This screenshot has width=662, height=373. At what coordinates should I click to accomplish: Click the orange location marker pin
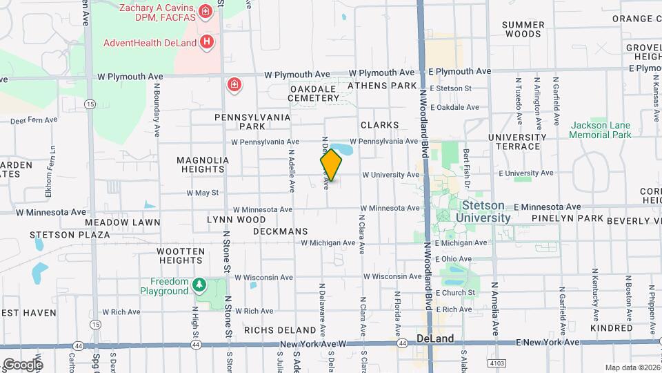pyautogui.click(x=331, y=165)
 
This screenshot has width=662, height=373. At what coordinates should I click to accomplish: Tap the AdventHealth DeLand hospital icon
pyautogui.click(x=205, y=42)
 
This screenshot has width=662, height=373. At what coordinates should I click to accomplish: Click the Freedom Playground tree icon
pyautogui.click(x=199, y=285)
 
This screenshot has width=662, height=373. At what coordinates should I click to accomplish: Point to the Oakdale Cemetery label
pyautogui.click(x=314, y=93)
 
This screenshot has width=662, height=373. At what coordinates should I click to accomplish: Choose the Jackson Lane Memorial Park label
pyautogui.click(x=601, y=130)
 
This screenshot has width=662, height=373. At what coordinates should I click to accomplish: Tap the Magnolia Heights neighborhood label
pyautogui.click(x=202, y=164)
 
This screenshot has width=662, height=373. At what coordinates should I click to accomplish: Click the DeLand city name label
pyautogui.click(x=436, y=339)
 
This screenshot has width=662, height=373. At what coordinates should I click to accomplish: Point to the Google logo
pyautogui.click(x=22, y=364)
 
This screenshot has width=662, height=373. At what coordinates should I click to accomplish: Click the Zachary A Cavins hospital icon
pyautogui.click(x=205, y=11)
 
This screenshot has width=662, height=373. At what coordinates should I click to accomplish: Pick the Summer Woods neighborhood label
pyautogui.click(x=523, y=29)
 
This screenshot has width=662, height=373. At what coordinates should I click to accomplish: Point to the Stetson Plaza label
pyautogui.click(x=70, y=235)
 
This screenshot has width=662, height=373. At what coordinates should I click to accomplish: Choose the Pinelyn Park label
pyautogui.click(x=568, y=219)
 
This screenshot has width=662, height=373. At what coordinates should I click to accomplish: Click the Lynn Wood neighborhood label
pyautogui.click(x=237, y=220)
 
